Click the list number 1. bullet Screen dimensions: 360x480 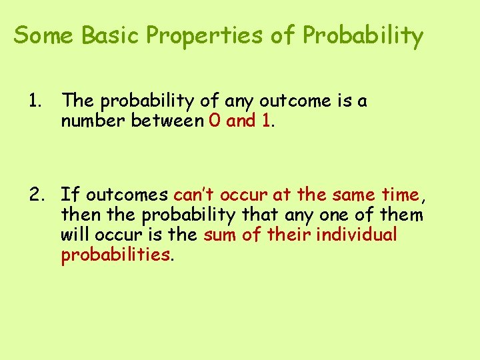tap(35, 101)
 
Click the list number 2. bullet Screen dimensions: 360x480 tap(37, 195)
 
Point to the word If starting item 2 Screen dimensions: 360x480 tap(70, 195)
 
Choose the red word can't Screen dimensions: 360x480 tap(194, 195)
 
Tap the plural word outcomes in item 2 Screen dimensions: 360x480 tap(127, 195)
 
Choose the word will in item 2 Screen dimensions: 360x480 tap(75, 235)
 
